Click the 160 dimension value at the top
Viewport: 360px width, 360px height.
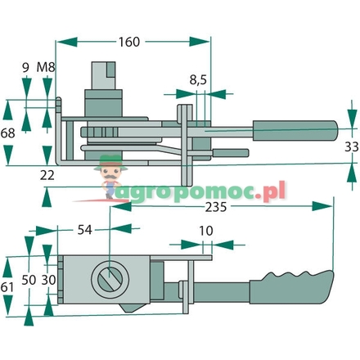point(129,39)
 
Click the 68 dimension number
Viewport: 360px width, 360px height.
point(10,132)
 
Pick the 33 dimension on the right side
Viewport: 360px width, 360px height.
point(350,146)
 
